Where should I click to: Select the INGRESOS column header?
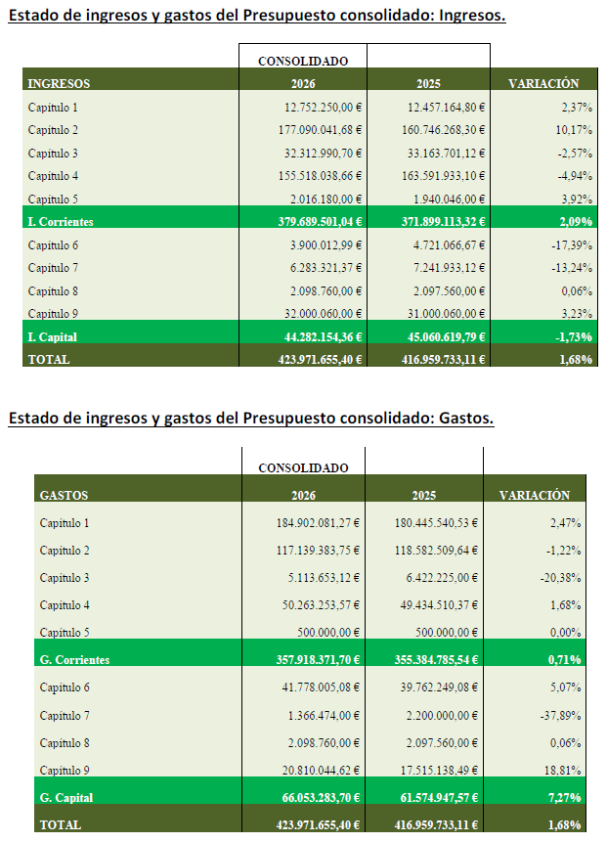(x=59, y=84)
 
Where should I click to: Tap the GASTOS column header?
(x=64, y=496)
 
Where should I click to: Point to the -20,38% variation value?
(x=561, y=577)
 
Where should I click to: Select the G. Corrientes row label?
(x=74, y=660)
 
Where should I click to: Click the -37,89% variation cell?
(x=561, y=715)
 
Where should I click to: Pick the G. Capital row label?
(x=65, y=798)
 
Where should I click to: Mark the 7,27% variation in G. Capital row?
(x=561, y=798)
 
